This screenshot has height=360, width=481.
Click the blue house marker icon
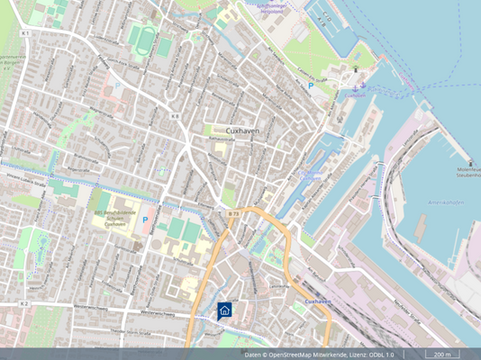[x=224, y=310]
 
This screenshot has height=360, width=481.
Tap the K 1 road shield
[x=26, y=33]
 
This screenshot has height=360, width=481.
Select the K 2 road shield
[x=25, y=304]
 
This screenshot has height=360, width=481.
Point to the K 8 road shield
[x=174, y=116]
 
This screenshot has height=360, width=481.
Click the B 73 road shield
[x=233, y=213]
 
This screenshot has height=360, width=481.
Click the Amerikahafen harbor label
[x=448, y=203]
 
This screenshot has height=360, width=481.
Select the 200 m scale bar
[x=441, y=354]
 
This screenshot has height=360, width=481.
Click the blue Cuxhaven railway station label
[x=319, y=301]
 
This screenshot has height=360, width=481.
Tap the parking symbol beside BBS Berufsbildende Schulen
[x=144, y=220]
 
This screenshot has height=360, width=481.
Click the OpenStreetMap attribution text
[x=319, y=354]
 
